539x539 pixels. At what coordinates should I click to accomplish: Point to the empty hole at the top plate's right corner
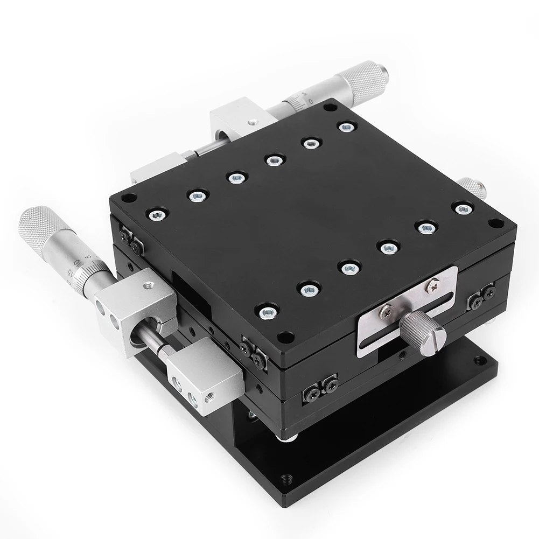[x=495, y=222]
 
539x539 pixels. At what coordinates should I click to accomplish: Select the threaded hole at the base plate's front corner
[x=285, y=478]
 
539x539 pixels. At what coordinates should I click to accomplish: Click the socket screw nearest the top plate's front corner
[x=268, y=311]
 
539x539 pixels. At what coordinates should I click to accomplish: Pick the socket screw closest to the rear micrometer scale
[x=347, y=128]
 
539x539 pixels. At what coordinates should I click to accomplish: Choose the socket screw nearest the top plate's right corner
[x=463, y=208]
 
